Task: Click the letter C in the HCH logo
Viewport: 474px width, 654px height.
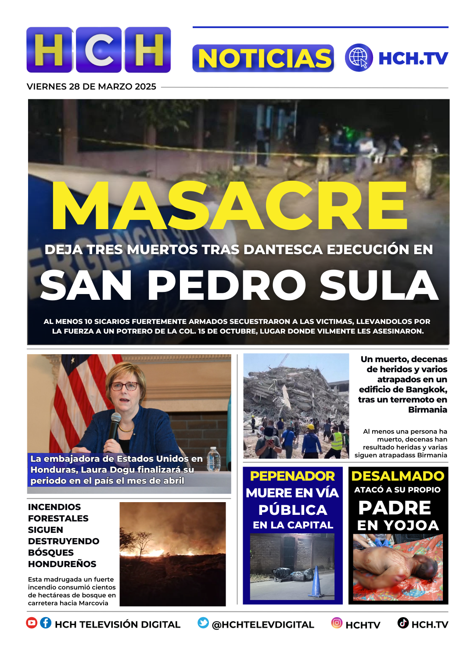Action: pyautogui.click(x=99, y=50)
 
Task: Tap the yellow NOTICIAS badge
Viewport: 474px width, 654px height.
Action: pyautogui.click(x=263, y=58)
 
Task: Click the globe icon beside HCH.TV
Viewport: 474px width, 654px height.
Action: pyautogui.click(x=359, y=57)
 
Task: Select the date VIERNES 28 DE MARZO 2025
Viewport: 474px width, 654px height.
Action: pyautogui.click(x=91, y=86)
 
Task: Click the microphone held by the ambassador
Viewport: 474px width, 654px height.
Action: pyautogui.click(x=115, y=424)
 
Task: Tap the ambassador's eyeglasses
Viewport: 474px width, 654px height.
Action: pyautogui.click(x=124, y=386)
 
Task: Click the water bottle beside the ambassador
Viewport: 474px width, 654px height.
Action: pyautogui.click(x=214, y=459)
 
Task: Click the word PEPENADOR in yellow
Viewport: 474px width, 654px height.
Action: pyautogui.click(x=292, y=476)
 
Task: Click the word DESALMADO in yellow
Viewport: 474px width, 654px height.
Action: pyautogui.click(x=398, y=476)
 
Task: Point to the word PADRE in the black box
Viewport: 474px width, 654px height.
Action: pyautogui.click(x=395, y=508)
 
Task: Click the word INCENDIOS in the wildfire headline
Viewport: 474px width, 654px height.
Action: pyautogui.click(x=54, y=507)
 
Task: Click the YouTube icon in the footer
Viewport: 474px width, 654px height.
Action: pyautogui.click(x=32, y=623)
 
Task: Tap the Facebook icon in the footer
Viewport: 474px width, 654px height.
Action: pyautogui.click(x=46, y=623)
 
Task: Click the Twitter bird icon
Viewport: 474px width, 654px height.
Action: pyautogui.click(x=203, y=623)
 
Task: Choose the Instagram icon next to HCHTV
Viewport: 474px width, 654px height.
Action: pyautogui.click(x=337, y=623)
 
